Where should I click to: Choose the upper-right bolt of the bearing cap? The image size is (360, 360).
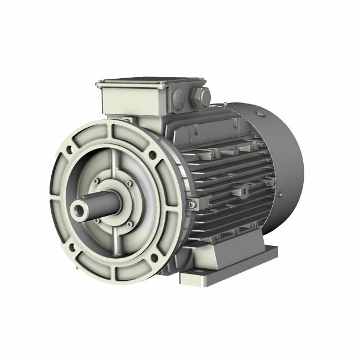click(129, 183)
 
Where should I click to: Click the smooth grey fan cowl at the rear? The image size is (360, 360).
click(281, 152)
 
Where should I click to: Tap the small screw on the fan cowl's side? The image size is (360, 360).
click(280, 195)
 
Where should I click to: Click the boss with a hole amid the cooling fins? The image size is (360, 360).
click(245, 192)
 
